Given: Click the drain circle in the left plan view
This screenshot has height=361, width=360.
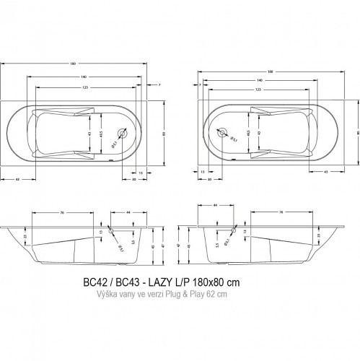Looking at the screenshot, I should pos(122,133).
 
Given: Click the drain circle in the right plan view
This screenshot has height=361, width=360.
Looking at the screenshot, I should pos(223,133).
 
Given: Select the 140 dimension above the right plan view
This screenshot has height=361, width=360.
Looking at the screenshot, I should pos(259,80).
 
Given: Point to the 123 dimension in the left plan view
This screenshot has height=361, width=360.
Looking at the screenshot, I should pos(85,87).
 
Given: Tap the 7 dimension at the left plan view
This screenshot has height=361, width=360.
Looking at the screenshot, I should pos(158,85).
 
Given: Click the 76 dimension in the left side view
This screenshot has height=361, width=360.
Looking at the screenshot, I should pos(63,212).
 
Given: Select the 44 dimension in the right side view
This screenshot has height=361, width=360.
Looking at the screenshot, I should pos(216,206).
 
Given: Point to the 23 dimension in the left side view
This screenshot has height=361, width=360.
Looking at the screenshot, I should pos(25,235).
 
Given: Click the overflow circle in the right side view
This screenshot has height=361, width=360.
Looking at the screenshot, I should pos(232,230).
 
